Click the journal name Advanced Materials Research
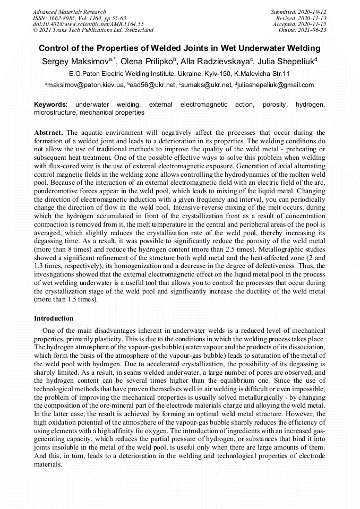click(69, 12)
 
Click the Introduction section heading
click(54, 318)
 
